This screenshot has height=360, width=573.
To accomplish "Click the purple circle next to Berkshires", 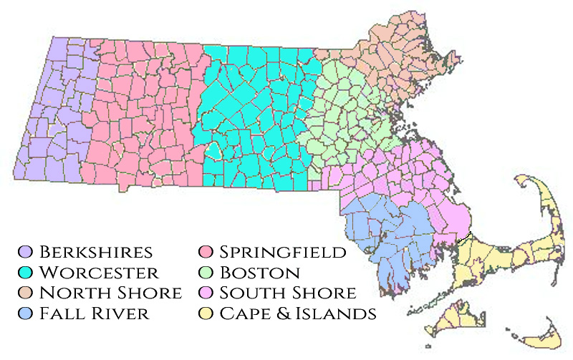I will click(27, 252).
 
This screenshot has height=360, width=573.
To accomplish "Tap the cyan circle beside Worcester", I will click(27, 273).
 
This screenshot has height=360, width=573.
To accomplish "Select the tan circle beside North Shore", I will click(27, 293).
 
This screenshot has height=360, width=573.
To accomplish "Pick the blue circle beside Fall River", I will click(27, 313).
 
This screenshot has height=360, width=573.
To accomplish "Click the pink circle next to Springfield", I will click(206, 252).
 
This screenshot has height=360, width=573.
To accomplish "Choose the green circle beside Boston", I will click(206, 273).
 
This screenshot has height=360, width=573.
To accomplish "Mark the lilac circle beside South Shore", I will click(206, 293).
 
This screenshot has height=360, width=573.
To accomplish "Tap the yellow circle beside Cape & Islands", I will click(206, 313).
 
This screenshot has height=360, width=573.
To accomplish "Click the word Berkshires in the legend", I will click(96, 252).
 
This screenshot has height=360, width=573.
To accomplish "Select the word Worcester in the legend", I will click(99, 273).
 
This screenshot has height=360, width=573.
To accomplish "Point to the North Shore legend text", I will click(110, 293).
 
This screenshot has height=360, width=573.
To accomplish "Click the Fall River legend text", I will click(95, 313).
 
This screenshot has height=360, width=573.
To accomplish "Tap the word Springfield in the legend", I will click(283, 252).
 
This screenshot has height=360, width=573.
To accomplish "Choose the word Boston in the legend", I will click(259, 273).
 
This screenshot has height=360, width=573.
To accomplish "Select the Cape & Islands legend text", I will click(297, 313).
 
